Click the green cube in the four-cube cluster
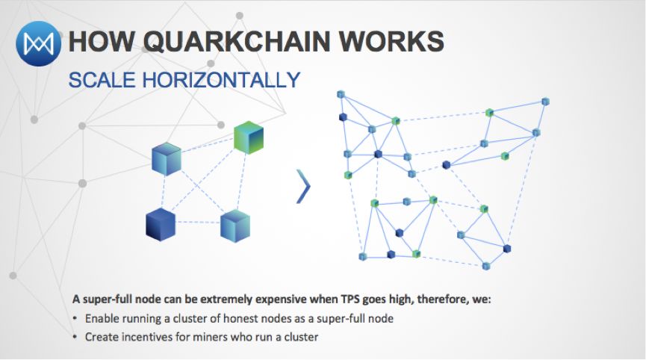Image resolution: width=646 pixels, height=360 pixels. click(x=249, y=137)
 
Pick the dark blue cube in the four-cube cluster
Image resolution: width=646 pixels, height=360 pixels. click(x=160, y=224)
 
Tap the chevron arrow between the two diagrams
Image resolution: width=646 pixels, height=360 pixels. click(x=302, y=186)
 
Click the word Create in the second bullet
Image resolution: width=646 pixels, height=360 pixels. click(x=99, y=337)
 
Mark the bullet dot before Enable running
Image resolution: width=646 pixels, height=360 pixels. click(x=76, y=319)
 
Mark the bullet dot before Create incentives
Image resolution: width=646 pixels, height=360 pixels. click(x=76, y=337)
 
